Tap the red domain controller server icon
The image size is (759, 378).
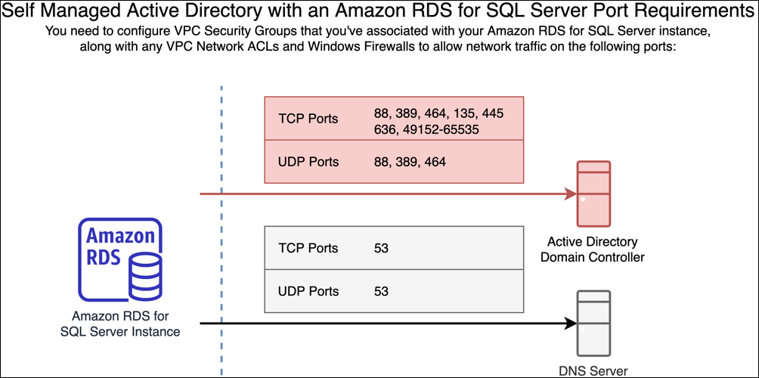(593, 194)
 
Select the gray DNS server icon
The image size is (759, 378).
(593, 324)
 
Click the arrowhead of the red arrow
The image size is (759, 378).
(571, 194)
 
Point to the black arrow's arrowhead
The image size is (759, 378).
(571, 324)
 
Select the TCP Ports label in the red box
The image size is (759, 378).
(308, 119)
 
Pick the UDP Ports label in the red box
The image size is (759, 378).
(308, 162)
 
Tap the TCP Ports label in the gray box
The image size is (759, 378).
(308, 248)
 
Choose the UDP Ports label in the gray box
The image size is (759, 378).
(308, 291)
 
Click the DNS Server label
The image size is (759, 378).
(593, 370)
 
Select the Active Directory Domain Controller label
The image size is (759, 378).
(593, 249)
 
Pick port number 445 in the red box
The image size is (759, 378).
(491, 113)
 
